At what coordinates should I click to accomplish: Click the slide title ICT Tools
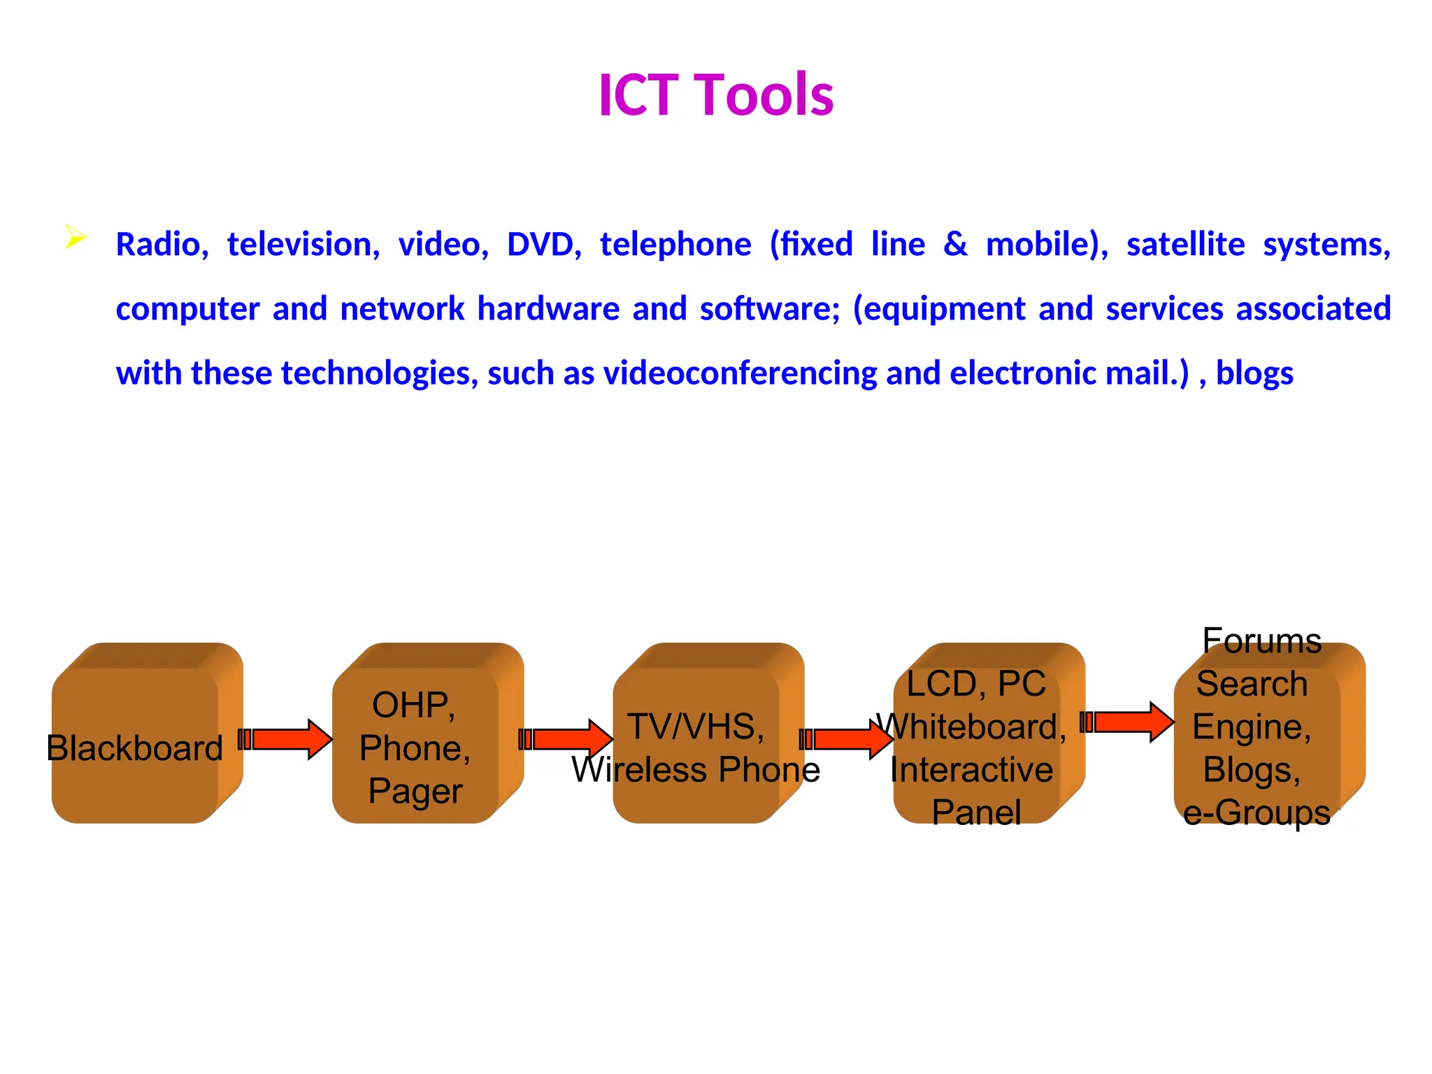716,94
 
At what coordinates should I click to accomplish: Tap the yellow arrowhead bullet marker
75,237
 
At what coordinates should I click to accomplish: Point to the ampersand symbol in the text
955,245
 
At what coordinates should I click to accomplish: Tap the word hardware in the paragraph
548,309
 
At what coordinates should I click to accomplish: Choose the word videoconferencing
740,373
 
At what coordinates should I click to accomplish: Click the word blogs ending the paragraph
1254,373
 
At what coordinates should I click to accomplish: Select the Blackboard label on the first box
135,748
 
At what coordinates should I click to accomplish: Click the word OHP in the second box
413,705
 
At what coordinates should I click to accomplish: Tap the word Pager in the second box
415,792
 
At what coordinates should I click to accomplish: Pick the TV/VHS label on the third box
695,726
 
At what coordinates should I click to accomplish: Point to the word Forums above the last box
1261,640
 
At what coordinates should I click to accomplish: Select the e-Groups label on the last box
1256,812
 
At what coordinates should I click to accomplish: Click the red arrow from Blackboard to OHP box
286,739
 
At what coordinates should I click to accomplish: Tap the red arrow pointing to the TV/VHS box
566,739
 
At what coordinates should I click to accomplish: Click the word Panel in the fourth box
976,812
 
